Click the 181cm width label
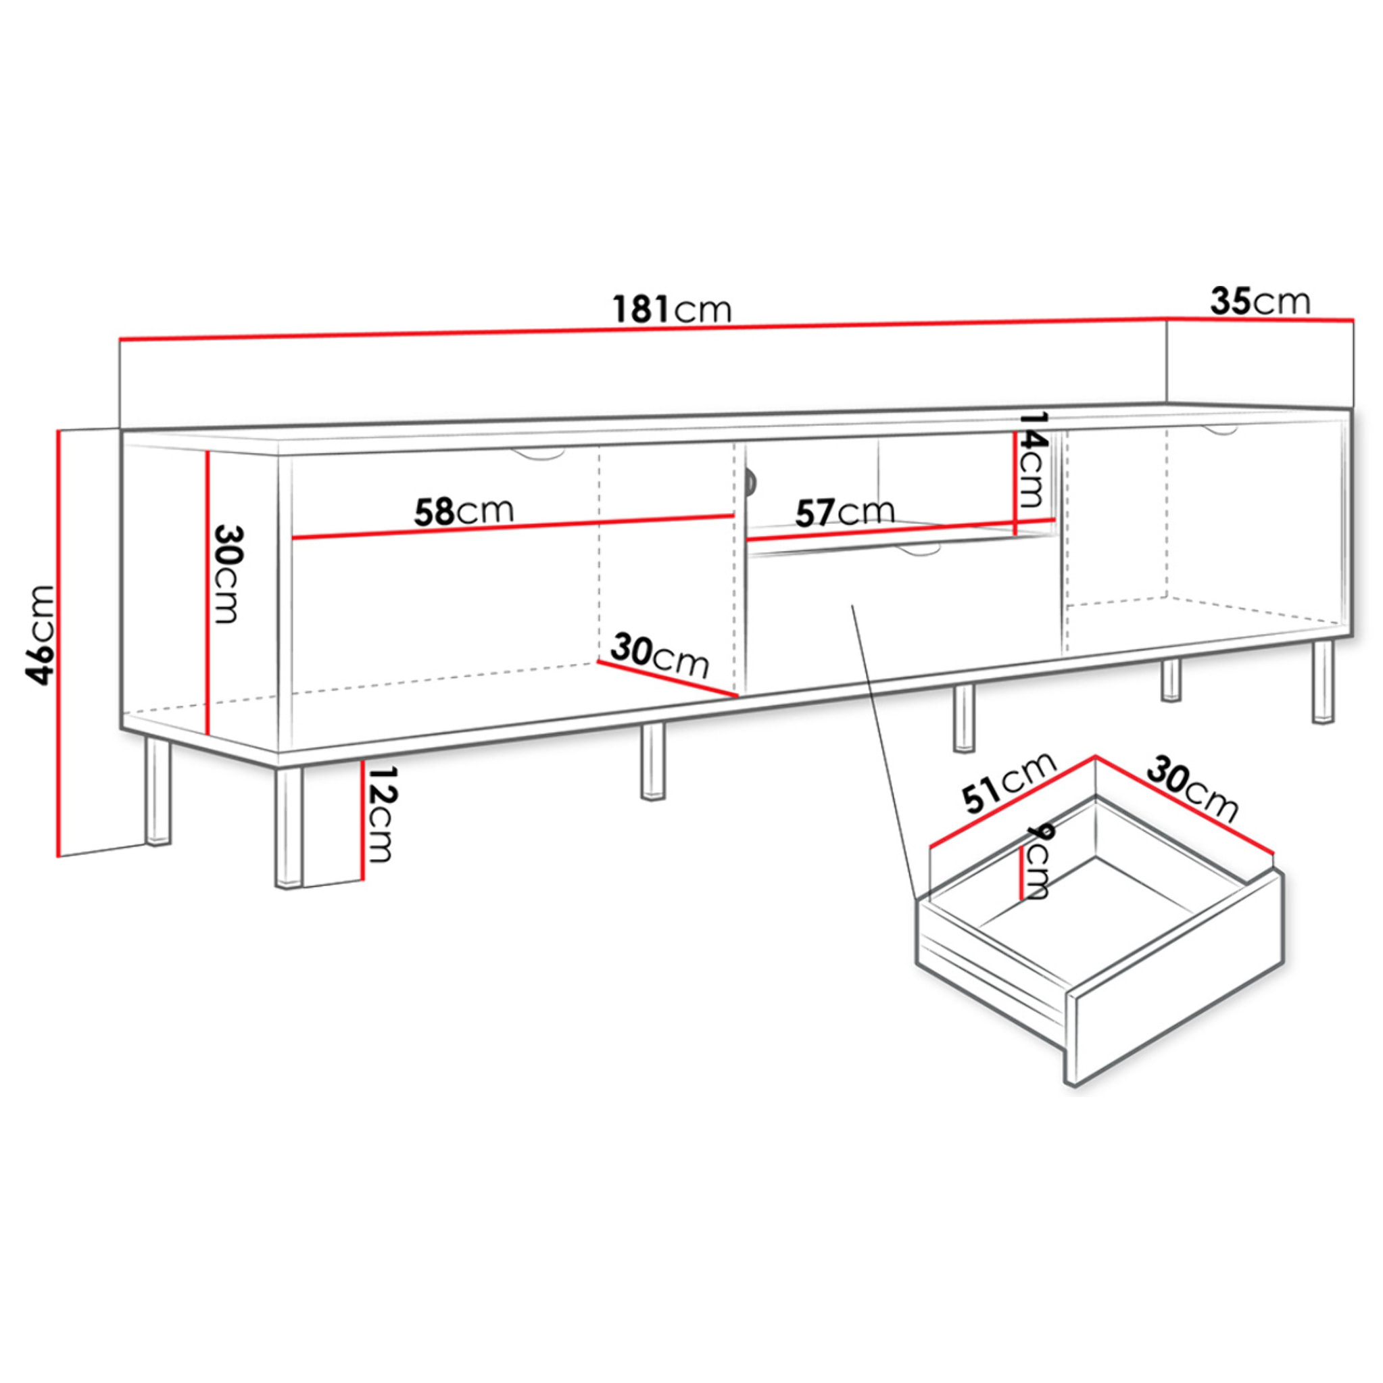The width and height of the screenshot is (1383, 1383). [x=672, y=309]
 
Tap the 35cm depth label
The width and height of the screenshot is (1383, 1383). [x=1260, y=301]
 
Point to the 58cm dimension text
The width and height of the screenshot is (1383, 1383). [x=464, y=511]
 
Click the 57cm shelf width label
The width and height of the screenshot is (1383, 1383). [x=846, y=512]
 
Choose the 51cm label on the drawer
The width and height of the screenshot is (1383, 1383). [x=1010, y=783]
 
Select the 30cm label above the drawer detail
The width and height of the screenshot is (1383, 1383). [x=1192, y=791]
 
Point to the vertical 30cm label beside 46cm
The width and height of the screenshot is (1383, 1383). [x=228, y=575]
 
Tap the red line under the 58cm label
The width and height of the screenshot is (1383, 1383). [x=513, y=526]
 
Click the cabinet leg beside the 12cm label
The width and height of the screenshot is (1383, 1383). [x=289, y=827]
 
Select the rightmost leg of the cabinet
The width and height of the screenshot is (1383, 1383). [x=1323, y=682]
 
